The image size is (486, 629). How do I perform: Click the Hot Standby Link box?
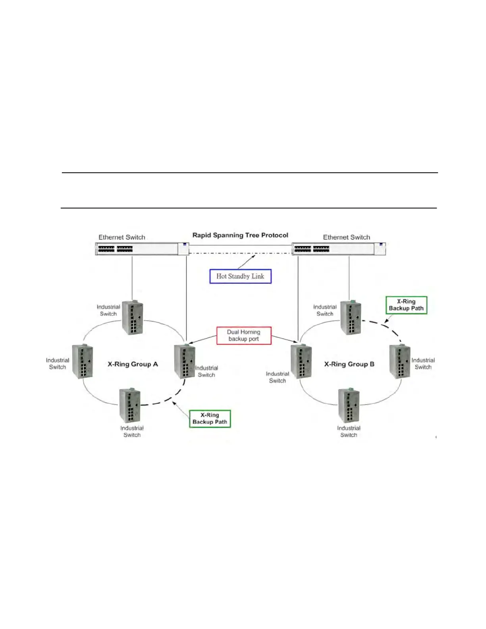point(240,276)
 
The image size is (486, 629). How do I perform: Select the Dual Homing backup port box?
point(244,336)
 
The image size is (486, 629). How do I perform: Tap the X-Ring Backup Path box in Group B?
point(406,305)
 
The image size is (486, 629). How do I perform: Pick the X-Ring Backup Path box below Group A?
point(210,419)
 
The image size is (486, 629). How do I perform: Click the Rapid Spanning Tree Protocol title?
point(240,235)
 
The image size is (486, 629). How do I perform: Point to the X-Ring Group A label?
point(133,364)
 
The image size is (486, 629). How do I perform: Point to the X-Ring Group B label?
point(349,364)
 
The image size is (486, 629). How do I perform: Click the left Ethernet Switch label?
point(121,237)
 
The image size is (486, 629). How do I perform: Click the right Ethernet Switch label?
point(346,237)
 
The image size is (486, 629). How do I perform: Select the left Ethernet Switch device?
point(142,249)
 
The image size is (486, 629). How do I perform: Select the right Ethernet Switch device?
point(339,249)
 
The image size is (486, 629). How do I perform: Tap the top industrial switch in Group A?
point(132,318)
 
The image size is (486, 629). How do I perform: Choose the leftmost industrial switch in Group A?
point(83,361)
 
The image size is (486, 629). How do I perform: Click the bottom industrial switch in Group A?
point(130,406)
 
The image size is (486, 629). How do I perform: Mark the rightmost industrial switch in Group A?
point(185,361)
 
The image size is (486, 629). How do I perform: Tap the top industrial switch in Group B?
point(351,318)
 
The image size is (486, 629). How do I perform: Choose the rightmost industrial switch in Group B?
point(399,361)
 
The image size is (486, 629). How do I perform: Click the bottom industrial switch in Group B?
point(349,406)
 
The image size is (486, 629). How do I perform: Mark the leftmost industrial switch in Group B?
point(301,361)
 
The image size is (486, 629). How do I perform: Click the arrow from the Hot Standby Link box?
point(247,262)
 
